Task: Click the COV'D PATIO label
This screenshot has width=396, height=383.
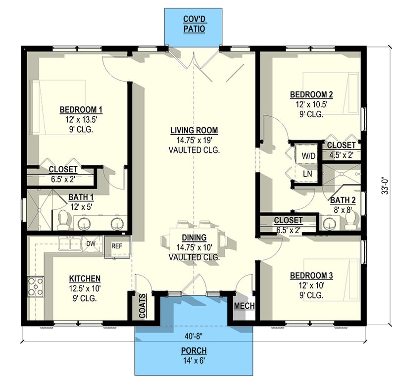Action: tap(194, 24)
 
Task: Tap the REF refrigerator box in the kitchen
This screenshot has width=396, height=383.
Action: tap(117, 246)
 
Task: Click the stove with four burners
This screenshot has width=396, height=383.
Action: tap(36, 286)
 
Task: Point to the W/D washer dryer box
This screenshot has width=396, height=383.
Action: tap(308, 155)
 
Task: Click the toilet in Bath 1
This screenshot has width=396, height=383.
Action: tap(63, 220)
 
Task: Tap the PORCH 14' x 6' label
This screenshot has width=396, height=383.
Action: tap(194, 355)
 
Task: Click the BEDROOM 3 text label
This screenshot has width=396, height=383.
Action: tap(311, 276)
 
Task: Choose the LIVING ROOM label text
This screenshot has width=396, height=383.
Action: tap(194, 131)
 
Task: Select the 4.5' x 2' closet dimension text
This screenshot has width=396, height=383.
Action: tap(342, 154)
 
